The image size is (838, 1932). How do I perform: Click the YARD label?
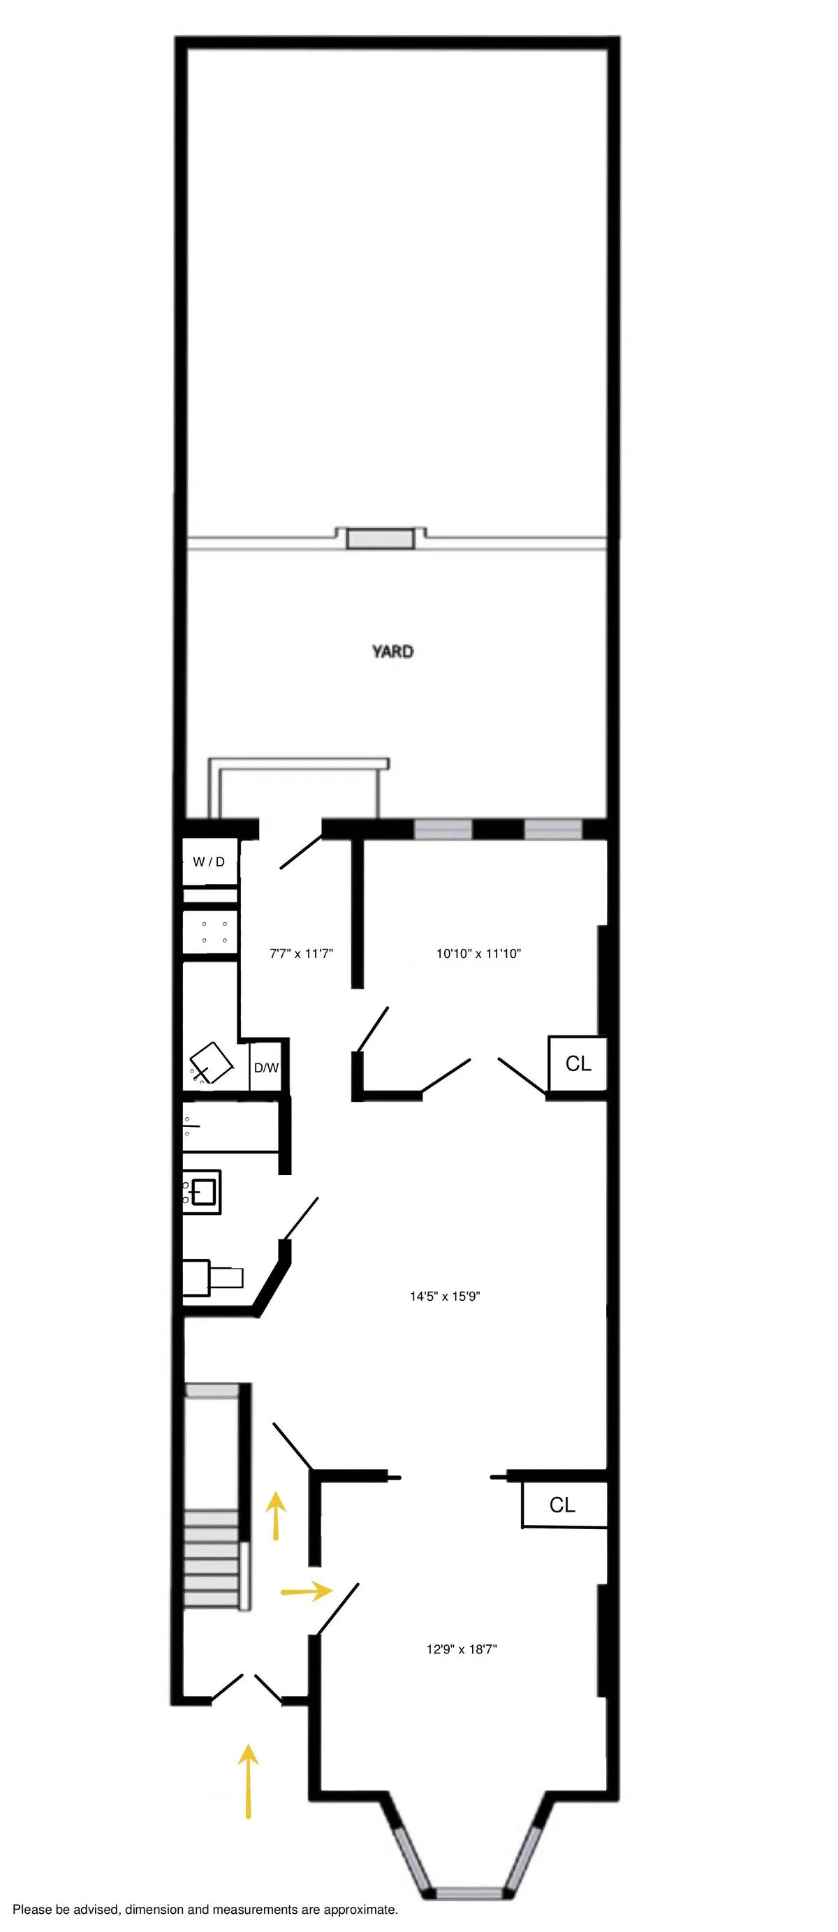tap(392, 651)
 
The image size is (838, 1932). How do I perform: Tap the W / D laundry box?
tap(209, 862)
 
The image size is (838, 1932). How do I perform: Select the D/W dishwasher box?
tap(265, 1068)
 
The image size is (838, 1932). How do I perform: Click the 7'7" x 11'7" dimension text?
tap(301, 954)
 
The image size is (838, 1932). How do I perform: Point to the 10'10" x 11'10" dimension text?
tap(478, 954)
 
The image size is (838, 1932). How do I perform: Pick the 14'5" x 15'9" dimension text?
tap(445, 1296)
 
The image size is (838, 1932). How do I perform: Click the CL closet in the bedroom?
tap(578, 1063)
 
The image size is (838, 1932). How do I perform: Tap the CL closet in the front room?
tap(563, 1505)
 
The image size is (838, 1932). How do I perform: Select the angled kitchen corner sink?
tap(213, 1061)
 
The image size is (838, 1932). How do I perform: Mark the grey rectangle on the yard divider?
tap(381, 539)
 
